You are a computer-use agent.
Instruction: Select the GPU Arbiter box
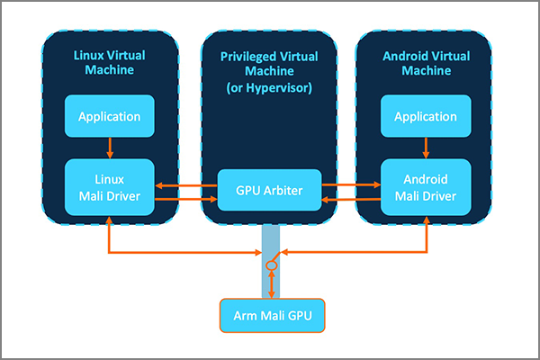pyautogui.click(x=270, y=190)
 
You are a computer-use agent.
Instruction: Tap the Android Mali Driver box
pyautogui.click(x=424, y=186)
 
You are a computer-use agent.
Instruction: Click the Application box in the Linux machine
pyautogui.click(x=108, y=116)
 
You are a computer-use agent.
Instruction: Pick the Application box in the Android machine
pyautogui.click(x=424, y=116)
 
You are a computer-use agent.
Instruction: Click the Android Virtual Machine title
pyautogui.click(x=424, y=63)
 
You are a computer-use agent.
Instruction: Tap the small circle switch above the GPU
pyautogui.click(x=269, y=266)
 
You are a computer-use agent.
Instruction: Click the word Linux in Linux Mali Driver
pyautogui.click(x=108, y=177)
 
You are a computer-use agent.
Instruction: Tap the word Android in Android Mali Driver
pyautogui.click(x=424, y=177)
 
